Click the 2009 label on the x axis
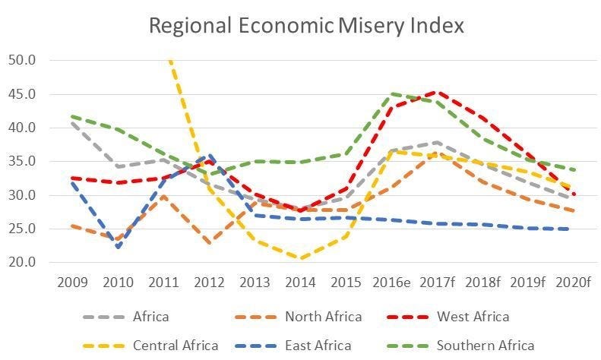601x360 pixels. [72, 283]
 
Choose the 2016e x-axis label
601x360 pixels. [391, 283]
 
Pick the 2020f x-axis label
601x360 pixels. [574, 283]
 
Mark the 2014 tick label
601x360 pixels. [300, 283]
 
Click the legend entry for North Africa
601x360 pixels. [324, 316]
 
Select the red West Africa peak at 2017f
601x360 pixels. [437, 92]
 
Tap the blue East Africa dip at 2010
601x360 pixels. [118, 247]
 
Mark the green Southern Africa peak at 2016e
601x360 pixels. [391, 94]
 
